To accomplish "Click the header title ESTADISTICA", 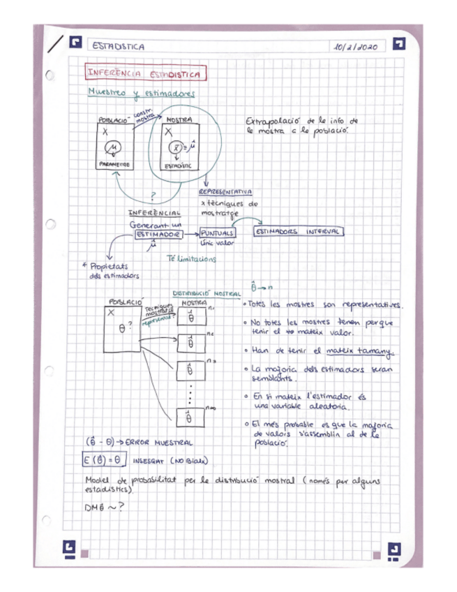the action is [119, 47].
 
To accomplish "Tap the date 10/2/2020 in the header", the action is [355, 47].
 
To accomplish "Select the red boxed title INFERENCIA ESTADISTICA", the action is [145, 74].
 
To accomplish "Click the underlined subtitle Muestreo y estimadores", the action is [142, 93].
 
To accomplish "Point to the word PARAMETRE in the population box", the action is [114, 164].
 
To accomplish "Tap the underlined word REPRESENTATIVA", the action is [225, 192].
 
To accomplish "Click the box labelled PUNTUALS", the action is [218, 232].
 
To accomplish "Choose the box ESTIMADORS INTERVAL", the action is [298, 231].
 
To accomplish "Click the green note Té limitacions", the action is [192, 259].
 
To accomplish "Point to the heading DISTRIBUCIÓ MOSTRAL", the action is [207, 294].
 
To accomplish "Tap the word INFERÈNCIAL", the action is [154, 212].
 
